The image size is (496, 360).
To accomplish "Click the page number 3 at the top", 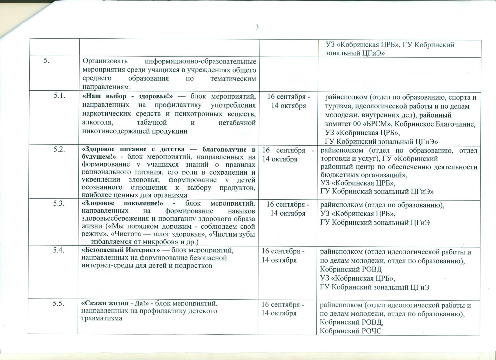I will (x=257, y=27).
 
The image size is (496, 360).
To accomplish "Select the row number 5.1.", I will (x=60, y=96).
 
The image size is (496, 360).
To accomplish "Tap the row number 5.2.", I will (x=60, y=149).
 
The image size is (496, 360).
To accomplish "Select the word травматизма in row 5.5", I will (x=102, y=318).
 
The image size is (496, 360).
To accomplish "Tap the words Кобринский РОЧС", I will (x=350, y=331).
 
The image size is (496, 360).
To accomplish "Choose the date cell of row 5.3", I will (x=288, y=209).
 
